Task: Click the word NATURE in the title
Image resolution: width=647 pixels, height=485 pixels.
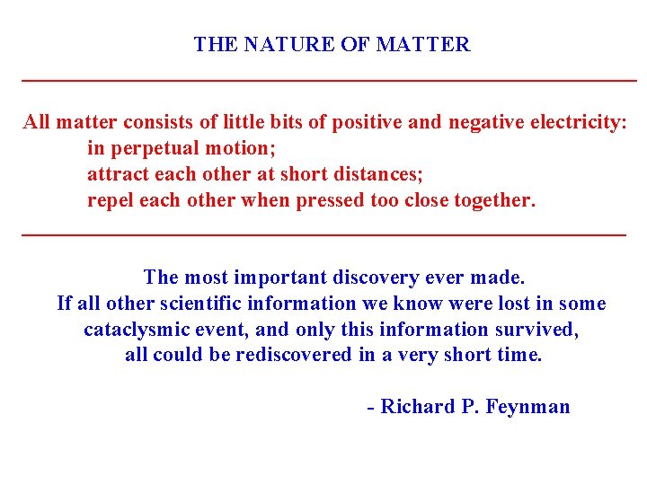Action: tap(289, 44)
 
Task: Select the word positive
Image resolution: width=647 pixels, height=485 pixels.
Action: tap(368, 122)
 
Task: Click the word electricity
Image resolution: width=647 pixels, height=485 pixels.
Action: tap(573, 122)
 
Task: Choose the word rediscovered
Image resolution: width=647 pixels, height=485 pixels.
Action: tap(293, 355)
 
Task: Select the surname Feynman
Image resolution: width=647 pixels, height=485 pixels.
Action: tap(527, 407)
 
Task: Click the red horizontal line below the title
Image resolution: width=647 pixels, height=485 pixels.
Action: tap(328, 82)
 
